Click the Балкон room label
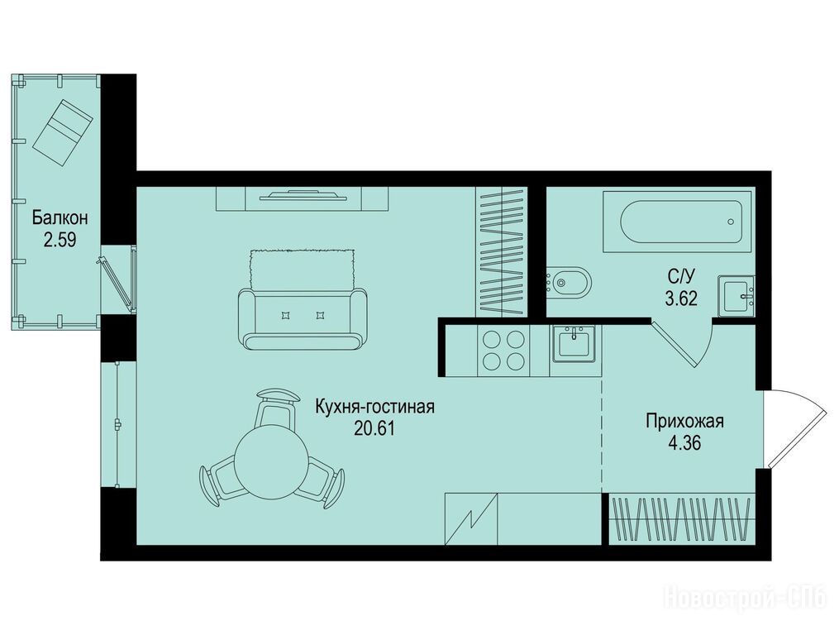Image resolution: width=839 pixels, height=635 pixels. tap(60, 218)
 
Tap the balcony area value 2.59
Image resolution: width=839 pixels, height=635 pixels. tap(60, 240)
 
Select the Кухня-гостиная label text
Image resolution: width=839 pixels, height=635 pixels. tap(374, 407)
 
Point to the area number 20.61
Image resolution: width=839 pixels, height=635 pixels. tap(374, 428)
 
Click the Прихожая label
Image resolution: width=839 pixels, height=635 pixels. tap(685, 422)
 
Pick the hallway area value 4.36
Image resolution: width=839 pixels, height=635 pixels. tap(685, 443)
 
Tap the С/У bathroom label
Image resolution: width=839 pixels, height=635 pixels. tap(681, 276)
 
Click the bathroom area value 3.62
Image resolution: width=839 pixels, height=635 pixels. tap(681, 298)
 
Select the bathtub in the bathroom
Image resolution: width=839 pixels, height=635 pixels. tap(680, 222)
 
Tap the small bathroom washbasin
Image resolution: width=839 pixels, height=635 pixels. tap(737, 296)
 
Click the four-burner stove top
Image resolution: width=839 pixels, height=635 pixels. tap(503, 351)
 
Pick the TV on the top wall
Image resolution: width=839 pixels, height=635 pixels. tap(303, 196)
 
